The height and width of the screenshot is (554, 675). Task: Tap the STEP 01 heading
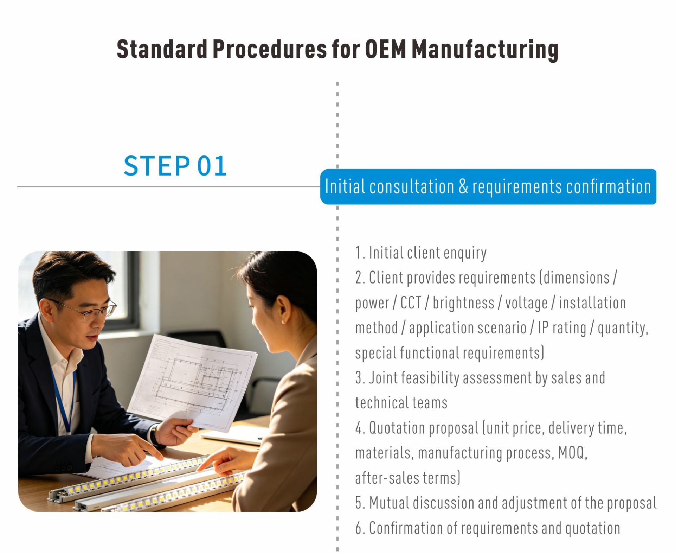175,166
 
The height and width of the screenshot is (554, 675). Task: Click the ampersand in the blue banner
463,186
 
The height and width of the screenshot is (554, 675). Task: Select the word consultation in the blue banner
412,186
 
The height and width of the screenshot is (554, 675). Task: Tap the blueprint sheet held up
193,382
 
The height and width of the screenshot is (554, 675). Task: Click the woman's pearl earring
283,321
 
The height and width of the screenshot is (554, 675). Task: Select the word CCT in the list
411,303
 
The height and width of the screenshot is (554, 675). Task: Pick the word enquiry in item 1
465,253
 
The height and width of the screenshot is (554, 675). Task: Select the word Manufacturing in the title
485,50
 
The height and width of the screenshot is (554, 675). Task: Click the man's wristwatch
154,435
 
